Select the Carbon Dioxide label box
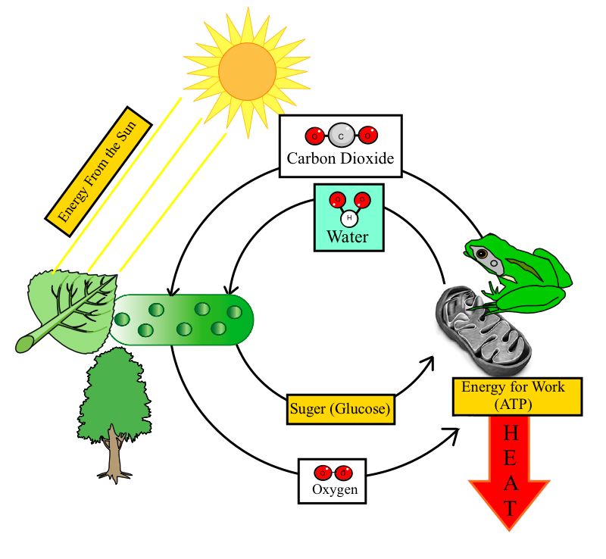point(340,146)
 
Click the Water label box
point(348,217)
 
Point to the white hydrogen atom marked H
point(348,219)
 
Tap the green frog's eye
point(480,255)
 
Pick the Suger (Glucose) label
point(341,410)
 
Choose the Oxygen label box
point(334,480)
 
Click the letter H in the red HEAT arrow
point(511,434)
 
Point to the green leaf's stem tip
point(21,346)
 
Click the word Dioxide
point(367,159)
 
